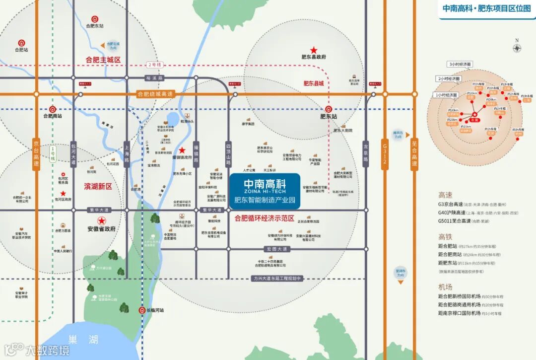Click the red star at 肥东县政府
(314, 50)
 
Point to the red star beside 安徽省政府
(102, 220)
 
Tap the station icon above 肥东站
(329, 109)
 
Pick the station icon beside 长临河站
(139, 310)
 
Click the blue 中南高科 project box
(265, 191)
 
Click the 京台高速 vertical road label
(36, 153)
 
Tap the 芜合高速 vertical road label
(414, 153)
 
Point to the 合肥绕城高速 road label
(155, 94)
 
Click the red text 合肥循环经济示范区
(265, 218)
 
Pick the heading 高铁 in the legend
(445, 236)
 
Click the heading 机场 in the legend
(445, 287)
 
